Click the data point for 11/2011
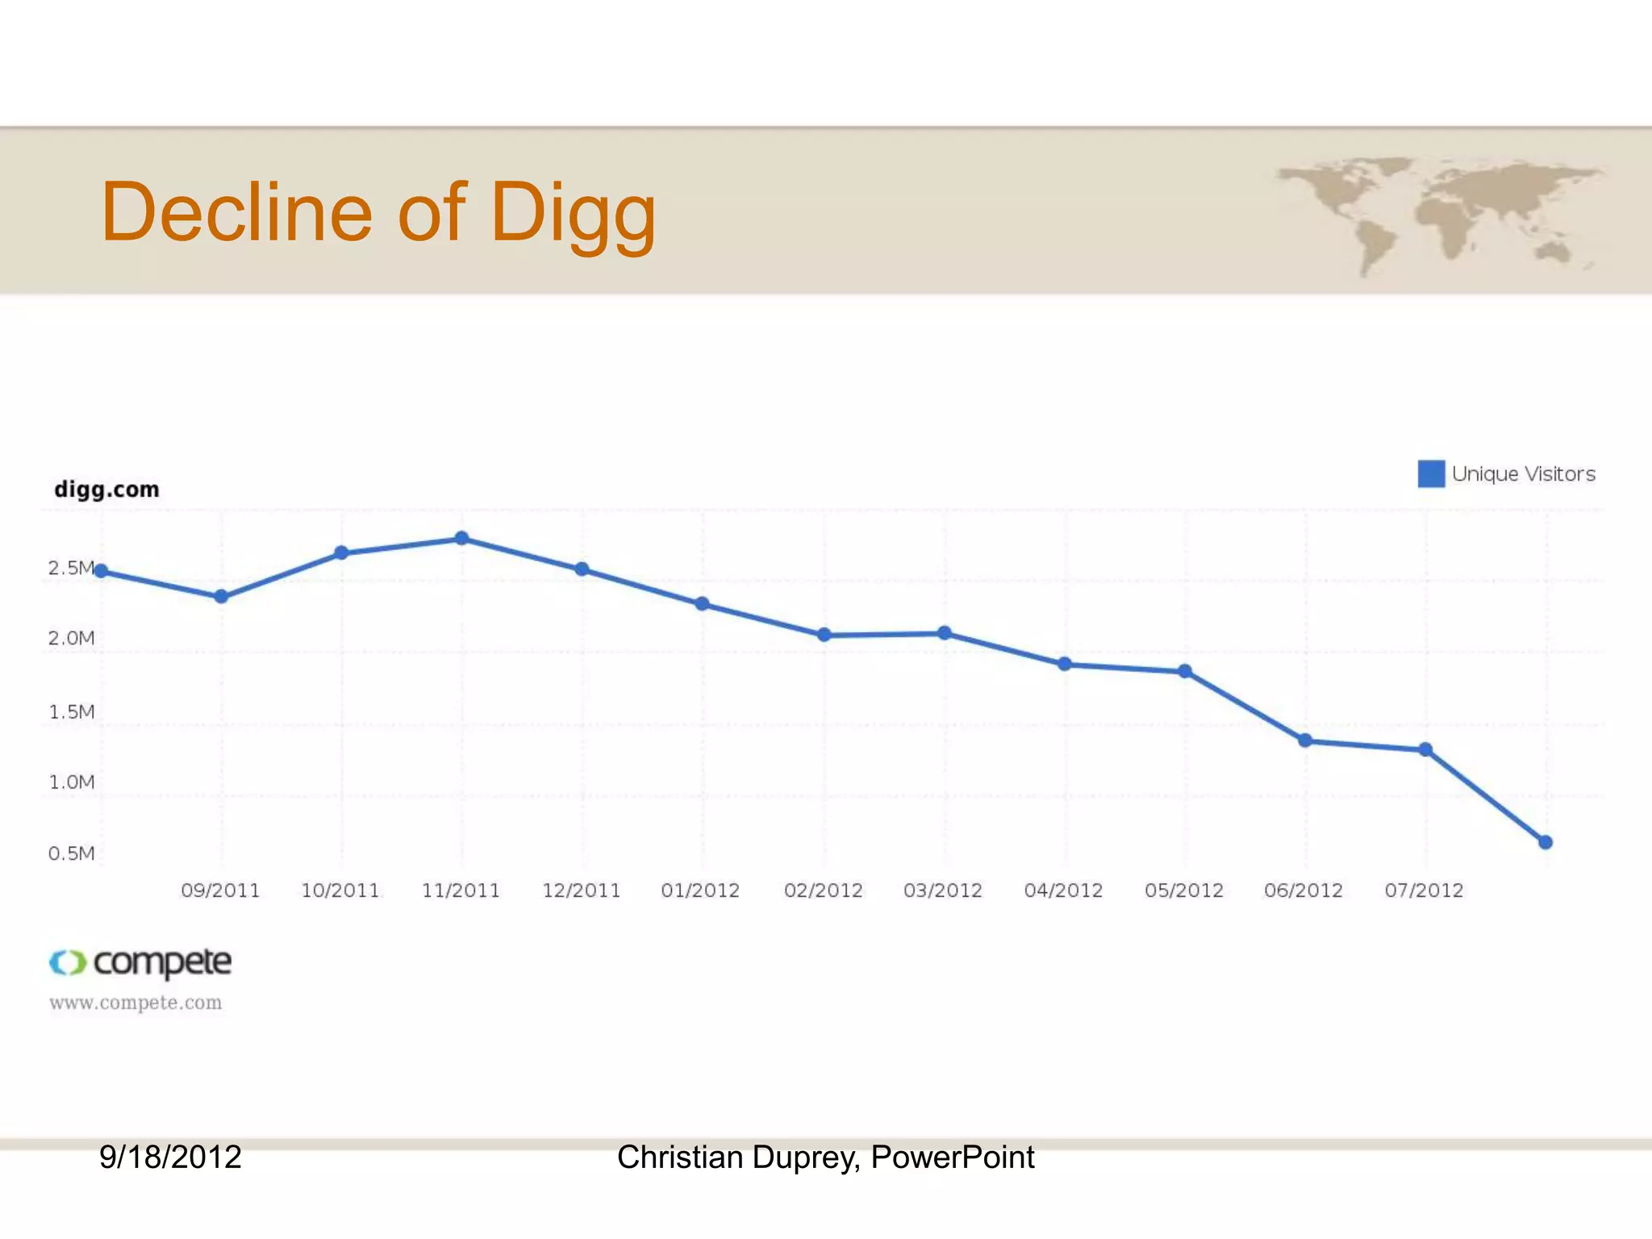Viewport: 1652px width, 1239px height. (x=461, y=538)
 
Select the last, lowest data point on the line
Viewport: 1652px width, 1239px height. (x=1546, y=842)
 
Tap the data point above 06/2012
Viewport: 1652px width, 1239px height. (x=1305, y=740)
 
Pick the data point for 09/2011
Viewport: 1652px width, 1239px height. (x=221, y=597)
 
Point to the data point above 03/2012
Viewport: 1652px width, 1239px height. (x=945, y=633)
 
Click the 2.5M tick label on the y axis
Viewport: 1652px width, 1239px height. (x=71, y=568)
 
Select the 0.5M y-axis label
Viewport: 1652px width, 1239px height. (x=71, y=853)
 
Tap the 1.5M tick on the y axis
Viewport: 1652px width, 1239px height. (x=71, y=711)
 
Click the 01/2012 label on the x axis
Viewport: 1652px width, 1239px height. (x=700, y=891)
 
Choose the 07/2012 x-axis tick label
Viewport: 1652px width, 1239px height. (x=1424, y=891)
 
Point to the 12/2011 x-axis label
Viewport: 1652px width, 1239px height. (x=581, y=891)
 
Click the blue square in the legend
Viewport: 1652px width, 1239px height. (x=1431, y=473)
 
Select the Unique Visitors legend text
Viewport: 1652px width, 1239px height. (x=1523, y=474)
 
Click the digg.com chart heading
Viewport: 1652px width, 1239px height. (x=106, y=490)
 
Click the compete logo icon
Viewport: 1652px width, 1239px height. (x=67, y=962)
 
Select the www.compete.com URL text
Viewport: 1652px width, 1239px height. (x=136, y=1003)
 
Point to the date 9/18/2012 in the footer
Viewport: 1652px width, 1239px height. (x=170, y=1157)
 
